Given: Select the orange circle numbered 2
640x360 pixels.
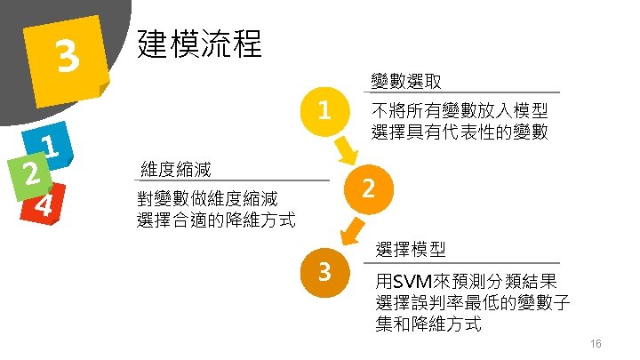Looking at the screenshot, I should pyautogui.click(x=371, y=188).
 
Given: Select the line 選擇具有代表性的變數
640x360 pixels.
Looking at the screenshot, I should pyautogui.click(x=460, y=134).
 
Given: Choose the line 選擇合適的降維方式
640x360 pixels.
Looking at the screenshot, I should pyautogui.click(x=216, y=220).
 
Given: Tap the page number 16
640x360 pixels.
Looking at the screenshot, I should pyautogui.click(x=596, y=344).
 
